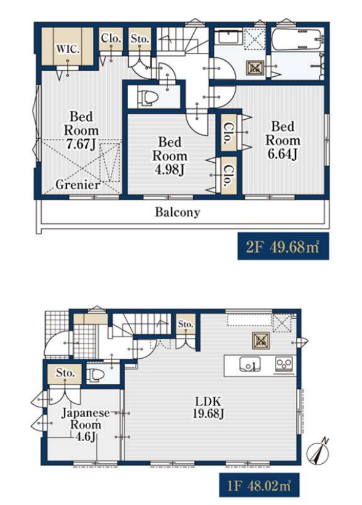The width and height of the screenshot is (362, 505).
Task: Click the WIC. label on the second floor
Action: (x=68, y=50)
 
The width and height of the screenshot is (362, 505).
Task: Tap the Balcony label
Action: (x=177, y=212)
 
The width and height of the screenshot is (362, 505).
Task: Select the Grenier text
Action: (x=77, y=185)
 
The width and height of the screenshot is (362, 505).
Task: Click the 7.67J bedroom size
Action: (x=81, y=144)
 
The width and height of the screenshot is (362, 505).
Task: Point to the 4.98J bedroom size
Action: (x=169, y=170)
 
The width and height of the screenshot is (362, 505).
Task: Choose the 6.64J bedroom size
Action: (x=282, y=154)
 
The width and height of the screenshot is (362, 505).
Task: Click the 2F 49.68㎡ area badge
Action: (x=283, y=246)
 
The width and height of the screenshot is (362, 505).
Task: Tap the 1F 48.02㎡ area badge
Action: (x=260, y=485)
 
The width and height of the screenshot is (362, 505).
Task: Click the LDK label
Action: (x=208, y=401)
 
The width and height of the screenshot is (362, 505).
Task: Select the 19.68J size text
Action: (x=208, y=413)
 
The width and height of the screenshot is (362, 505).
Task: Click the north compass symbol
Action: (x=318, y=452)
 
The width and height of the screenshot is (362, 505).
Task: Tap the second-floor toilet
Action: (x=147, y=97)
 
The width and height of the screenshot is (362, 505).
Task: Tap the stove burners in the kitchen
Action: (x=284, y=365)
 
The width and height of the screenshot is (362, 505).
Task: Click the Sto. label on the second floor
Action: (x=140, y=39)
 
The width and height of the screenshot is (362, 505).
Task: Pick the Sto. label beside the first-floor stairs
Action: (x=185, y=324)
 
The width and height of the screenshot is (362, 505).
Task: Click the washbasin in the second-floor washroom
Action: (x=228, y=38)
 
